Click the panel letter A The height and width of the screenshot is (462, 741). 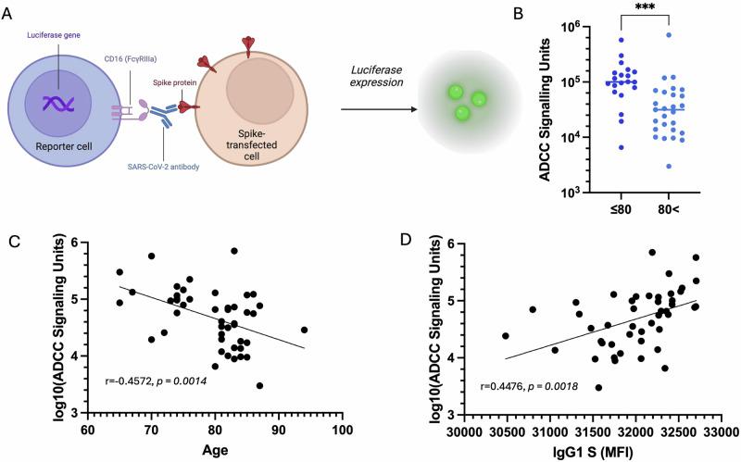point(9,10)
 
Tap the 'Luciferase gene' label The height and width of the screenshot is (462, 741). point(57,34)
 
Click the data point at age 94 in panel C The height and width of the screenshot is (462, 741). point(304,330)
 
